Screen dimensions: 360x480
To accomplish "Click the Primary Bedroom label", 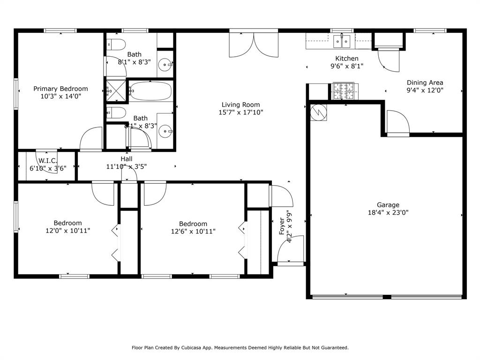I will click(60, 89).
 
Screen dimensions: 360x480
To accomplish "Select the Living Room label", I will click(241, 105).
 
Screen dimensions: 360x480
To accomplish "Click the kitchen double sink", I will click(342, 42).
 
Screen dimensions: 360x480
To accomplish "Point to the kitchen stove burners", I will click(345, 90).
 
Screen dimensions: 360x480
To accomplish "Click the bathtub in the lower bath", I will click(151, 90).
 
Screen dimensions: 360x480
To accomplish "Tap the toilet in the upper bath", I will click(116, 45).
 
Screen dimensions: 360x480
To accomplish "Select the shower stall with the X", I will click(117, 90).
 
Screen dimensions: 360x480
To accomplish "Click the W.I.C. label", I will click(48, 160).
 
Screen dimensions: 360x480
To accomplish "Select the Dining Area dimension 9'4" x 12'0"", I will click(425, 90).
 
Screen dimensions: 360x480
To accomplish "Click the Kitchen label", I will click(346, 59).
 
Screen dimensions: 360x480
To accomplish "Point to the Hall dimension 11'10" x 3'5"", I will click(127, 166).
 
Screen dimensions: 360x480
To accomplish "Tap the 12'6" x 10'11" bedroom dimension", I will click(193, 231).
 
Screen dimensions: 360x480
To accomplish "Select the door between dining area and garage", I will click(397, 123).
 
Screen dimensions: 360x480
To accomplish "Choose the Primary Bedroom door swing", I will click(90, 139).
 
